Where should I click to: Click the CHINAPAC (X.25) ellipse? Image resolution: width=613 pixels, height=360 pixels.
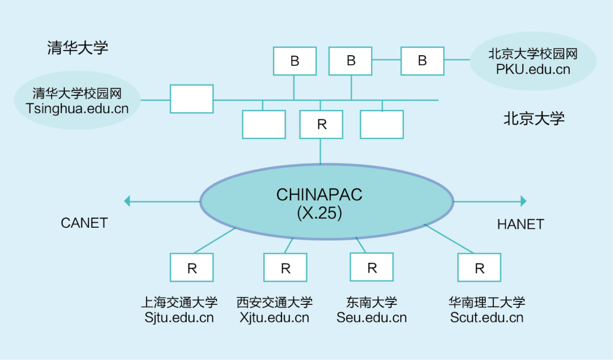coord(326,202)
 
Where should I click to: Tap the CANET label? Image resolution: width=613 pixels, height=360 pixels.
coord(84,223)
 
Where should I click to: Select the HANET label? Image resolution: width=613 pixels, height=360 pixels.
coord(520,224)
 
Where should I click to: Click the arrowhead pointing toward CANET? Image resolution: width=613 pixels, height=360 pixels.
coord(128,200)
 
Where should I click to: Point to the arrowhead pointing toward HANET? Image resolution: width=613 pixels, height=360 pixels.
coord(523,201)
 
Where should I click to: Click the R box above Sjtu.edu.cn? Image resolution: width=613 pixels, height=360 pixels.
coord(192,267)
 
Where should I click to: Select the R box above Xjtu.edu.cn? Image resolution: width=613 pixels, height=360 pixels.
coord(285,267)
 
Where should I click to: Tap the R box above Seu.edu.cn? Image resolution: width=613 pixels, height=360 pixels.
coord(372,267)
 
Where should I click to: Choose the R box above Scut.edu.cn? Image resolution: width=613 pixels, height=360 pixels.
coord(480,267)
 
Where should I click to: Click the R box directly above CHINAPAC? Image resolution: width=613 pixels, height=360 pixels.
coord(321,124)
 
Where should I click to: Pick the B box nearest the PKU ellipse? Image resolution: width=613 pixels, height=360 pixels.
coord(422,61)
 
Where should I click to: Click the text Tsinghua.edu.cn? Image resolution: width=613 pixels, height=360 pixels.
coord(77,108)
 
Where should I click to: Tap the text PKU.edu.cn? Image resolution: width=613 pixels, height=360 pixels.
coord(533,70)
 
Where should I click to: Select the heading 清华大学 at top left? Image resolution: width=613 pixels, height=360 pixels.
coord(78,48)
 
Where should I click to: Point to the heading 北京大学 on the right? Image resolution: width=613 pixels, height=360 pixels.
coord(534,119)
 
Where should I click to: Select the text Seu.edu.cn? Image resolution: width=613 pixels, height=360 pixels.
coord(372,317)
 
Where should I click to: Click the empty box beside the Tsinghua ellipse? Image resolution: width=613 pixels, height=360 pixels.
coord(192,99)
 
